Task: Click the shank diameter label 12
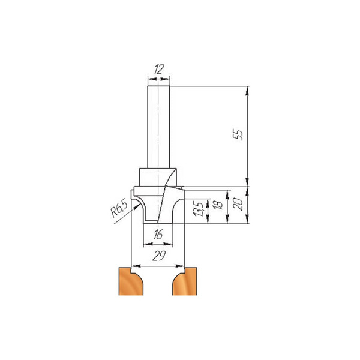click(x=158, y=70)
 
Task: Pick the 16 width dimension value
click(x=158, y=236)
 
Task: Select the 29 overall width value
click(x=158, y=257)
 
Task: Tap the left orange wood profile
click(x=128, y=281)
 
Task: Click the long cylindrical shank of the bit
click(x=158, y=126)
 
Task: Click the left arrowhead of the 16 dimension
click(x=145, y=244)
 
